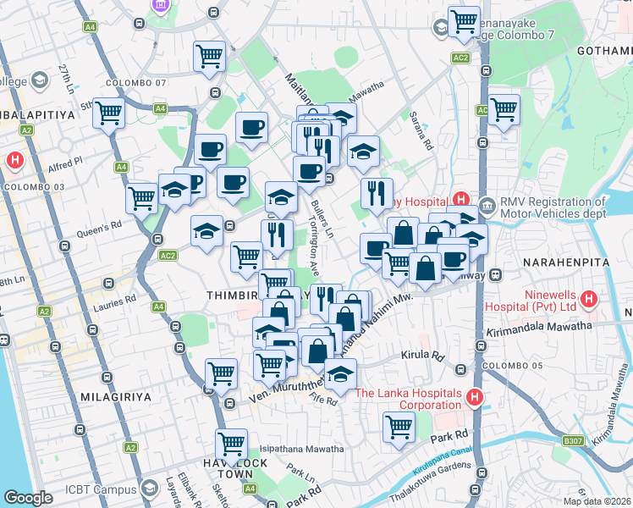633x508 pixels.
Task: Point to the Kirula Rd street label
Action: point(424,356)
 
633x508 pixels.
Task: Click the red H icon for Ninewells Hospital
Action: point(591,299)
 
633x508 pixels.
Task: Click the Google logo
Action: point(29,498)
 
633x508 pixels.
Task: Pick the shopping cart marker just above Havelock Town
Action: point(231,443)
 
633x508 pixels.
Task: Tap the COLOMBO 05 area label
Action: point(504,368)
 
